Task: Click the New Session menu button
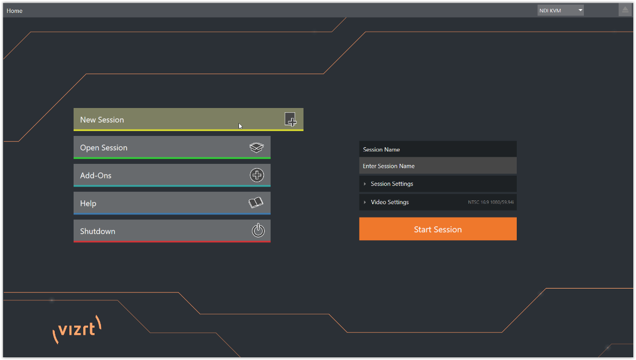coord(188,119)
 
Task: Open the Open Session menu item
coord(172,147)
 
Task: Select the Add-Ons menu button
coord(172,175)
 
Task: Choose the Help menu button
coord(172,203)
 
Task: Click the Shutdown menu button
coord(172,231)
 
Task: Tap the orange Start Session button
coord(438,229)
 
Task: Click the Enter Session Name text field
coord(438,165)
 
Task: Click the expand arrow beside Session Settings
coord(365,184)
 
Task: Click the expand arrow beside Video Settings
coord(365,202)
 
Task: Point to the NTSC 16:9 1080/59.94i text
coord(491,202)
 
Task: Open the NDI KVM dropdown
coord(561,10)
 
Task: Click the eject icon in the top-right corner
coord(625,10)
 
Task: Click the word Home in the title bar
coord(15,11)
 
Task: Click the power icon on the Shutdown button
coord(258,230)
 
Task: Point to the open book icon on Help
coord(256,202)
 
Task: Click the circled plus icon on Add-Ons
coord(257,175)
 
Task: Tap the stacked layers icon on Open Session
coord(256,147)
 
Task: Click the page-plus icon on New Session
coord(291,119)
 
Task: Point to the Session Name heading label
coord(381,149)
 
